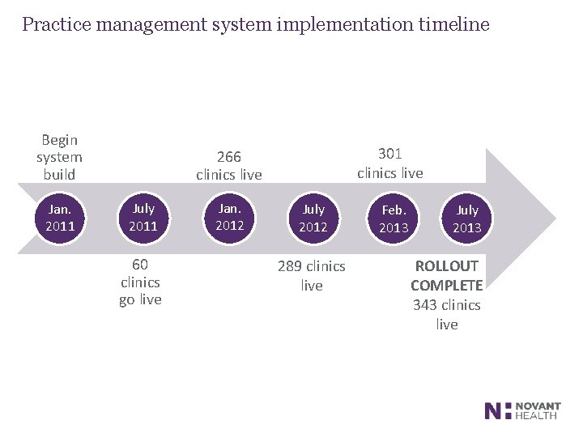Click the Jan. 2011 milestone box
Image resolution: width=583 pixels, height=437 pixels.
point(60,218)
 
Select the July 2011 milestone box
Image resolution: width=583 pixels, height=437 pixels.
point(143,218)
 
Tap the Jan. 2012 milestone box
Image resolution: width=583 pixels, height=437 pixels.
point(229,217)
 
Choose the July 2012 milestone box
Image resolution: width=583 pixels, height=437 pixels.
point(313,218)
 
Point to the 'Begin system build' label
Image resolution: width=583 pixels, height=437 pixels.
point(59,157)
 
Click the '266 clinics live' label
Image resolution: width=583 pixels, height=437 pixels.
point(229,165)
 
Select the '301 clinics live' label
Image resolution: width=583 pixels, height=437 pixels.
point(390,163)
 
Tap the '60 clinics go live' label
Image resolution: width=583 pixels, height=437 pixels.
point(140,282)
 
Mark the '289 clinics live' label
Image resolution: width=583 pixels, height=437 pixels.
point(312,275)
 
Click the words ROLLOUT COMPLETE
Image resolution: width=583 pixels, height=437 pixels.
point(447,275)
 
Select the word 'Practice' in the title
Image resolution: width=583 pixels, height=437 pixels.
point(56,24)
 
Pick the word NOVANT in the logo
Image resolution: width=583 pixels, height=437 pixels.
point(538,406)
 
